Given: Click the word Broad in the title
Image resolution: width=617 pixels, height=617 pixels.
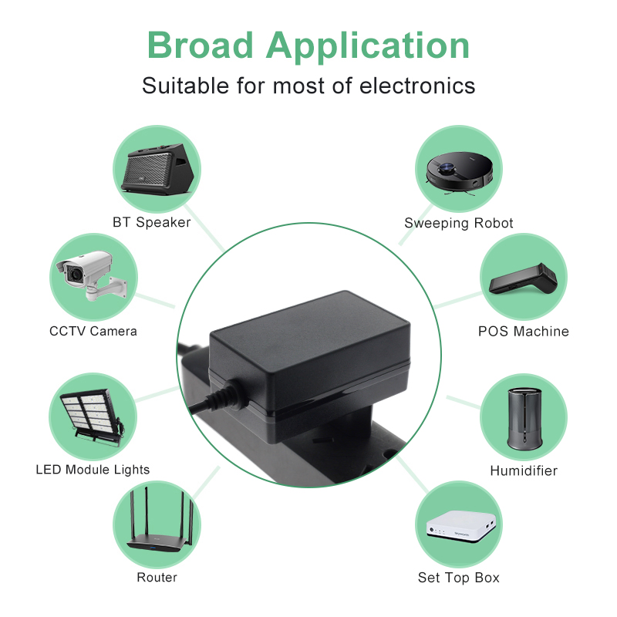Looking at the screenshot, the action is click(x=200, y=45).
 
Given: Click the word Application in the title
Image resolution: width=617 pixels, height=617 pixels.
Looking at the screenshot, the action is click(x=368, y=47).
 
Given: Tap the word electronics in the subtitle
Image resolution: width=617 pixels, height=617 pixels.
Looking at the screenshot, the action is click(x=417, y=86).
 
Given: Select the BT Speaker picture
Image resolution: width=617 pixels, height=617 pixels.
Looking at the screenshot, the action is click(x=157, y=169).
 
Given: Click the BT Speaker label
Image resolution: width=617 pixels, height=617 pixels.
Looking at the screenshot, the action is click(x=151, y=222).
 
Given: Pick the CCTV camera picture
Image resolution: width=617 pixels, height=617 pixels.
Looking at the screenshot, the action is click(x=92, y=276).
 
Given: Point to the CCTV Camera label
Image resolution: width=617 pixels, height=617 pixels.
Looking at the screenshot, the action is click(x=93, y=331).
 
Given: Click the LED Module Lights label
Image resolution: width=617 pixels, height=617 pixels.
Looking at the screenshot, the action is click(x=93, y=470).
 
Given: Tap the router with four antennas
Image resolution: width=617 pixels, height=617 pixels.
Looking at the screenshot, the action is click(x=160, y=519).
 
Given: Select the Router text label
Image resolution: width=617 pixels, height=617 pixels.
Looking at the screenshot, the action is click(x=157, y=577).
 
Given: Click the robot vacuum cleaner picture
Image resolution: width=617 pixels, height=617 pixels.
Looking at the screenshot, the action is click(x=459, y=173).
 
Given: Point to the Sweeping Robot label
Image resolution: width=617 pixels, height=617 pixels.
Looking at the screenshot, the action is click(x=459, y=223).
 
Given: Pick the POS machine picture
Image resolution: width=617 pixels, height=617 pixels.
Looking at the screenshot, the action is click(x=523, y=278).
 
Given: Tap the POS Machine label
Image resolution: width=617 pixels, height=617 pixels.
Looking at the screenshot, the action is click(x=524, y=332).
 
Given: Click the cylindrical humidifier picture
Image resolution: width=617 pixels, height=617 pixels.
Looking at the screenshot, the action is click(x=524, y=419).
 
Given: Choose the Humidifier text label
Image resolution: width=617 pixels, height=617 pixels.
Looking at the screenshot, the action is click(x=524, y=470).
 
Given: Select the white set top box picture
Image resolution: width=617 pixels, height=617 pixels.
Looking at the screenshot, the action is click(x=460, y=527).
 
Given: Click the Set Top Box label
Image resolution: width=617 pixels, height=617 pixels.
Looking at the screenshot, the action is click(x=459, y=578).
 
